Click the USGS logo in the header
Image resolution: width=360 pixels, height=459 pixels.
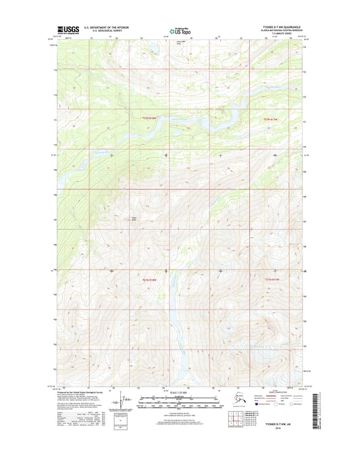tap(68, 30)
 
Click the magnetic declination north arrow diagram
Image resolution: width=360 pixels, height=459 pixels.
tap(121, 403)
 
